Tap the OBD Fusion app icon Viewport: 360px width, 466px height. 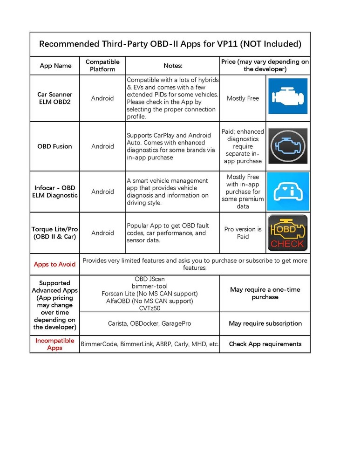pos(287,146)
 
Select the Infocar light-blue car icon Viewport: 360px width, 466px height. pos(287,192)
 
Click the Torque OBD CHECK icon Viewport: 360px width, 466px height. pos(287,233)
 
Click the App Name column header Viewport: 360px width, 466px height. pos(55,66)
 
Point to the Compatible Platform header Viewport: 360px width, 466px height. pos(102,66)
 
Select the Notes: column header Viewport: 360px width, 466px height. pos(173,66)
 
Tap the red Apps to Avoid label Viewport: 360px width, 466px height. pos(54,264)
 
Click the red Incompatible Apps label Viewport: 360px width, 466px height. pos(54,344)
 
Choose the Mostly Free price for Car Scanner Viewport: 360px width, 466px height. pos(243,98)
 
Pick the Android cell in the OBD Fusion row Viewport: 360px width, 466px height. pos(102,146)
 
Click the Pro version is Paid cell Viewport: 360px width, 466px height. pos(243,233)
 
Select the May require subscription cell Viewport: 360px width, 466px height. pos(265,323)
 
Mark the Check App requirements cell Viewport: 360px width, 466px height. pos(265,344)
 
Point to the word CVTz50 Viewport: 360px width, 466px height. pos(149,308)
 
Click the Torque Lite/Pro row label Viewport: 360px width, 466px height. pos(55,233)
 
